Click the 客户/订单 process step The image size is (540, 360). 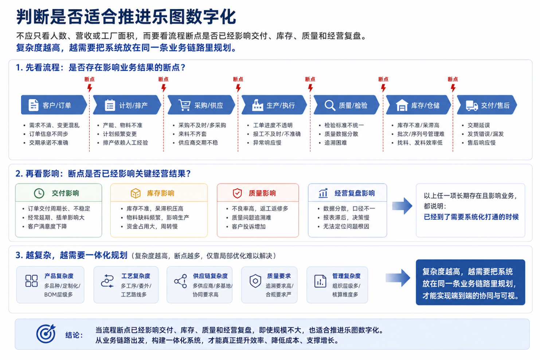pos(54,105)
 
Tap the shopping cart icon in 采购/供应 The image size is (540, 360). pos(184,105)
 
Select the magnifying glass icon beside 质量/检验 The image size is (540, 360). pos(330,105)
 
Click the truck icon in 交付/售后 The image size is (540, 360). pos(472,106)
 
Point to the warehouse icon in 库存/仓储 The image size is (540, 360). pos(402,105)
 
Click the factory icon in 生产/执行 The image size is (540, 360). pos(258,105)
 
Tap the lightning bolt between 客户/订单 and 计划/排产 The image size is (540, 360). pos(90,88)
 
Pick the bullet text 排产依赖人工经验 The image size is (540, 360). pos(125,143)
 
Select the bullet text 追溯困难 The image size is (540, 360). pos(336,143)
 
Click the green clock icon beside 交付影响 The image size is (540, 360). pos(39,193)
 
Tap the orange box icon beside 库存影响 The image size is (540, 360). pos(136,193)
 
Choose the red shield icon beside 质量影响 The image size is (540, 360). pos(237,193)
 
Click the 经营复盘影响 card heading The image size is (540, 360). pos(355,193)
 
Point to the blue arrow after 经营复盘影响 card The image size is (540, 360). pos(402,206)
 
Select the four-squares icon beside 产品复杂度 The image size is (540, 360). pos(32,281)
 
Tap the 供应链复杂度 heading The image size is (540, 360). pos(210,276)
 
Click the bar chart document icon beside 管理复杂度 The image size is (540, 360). pos(320,281)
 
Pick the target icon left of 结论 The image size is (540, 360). pos(46,334)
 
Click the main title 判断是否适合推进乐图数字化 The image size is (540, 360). pos(126,17)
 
